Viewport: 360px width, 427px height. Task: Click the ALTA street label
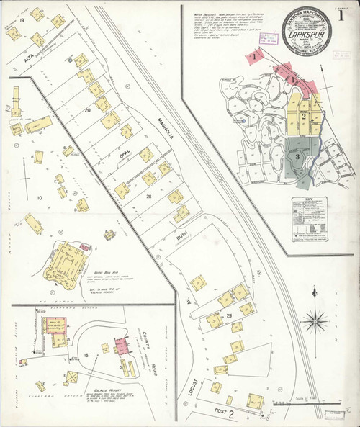pos(28,63)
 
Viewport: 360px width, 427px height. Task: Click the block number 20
pos(87,110)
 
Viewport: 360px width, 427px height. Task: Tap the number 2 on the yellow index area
pos(305,116)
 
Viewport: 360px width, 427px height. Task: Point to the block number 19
pos(23,21)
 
